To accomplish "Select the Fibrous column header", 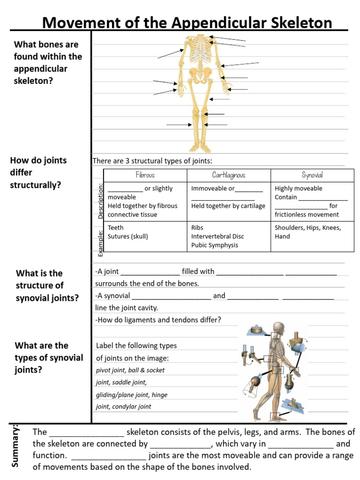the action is pyautogui.click(x=145, y=175).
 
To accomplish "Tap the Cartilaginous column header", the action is pyautogui.click(x=229, y=175).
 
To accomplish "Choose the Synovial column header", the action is pyautogui.click(x=312, y=175).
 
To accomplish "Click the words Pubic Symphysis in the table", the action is pyautogui.click(x=215, y=245).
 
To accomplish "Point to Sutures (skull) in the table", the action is pyautogui.click(x=127, y=236).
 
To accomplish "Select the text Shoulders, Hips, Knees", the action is pyautogui.click(x=307, y=228).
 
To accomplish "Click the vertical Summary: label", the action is pyautogui.click(x=15, y=445).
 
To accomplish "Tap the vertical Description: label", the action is pyautogui.click(x=100, y=201).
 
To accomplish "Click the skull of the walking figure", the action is pyautogui.click(x=279, y=328).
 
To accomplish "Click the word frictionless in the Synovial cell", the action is pyautogui.click(x=292, y=215).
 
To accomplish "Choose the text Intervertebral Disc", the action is pyautogui.click(x=217, y=236).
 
